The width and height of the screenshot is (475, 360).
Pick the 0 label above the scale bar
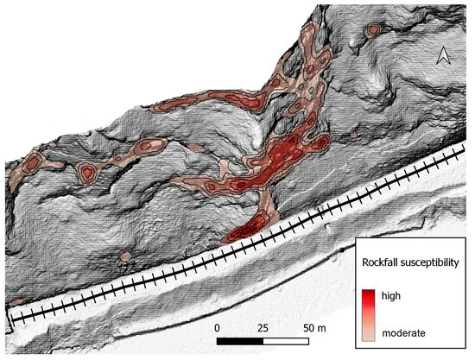coord(218,329)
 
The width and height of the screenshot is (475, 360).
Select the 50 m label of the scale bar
coord(313,329)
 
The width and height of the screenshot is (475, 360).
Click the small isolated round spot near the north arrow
coord(373,28)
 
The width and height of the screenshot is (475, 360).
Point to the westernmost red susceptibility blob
coord(32,161)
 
